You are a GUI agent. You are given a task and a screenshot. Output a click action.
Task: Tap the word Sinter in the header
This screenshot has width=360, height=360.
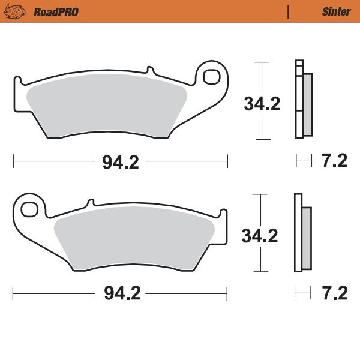[336, 11]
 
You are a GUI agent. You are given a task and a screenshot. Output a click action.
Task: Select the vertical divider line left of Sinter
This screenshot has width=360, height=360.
[289, 11]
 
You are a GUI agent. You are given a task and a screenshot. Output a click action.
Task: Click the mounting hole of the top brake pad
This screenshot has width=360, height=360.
[212, 76]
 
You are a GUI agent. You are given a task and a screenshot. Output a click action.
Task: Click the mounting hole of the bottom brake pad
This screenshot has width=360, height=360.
[28, 209]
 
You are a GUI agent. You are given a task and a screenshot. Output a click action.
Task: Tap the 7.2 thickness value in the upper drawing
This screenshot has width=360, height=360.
[334, 161]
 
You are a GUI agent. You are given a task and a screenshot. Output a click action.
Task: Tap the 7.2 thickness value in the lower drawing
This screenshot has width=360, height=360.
[334, 293]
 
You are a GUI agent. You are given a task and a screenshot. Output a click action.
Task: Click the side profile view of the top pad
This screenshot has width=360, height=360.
[303, 99]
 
